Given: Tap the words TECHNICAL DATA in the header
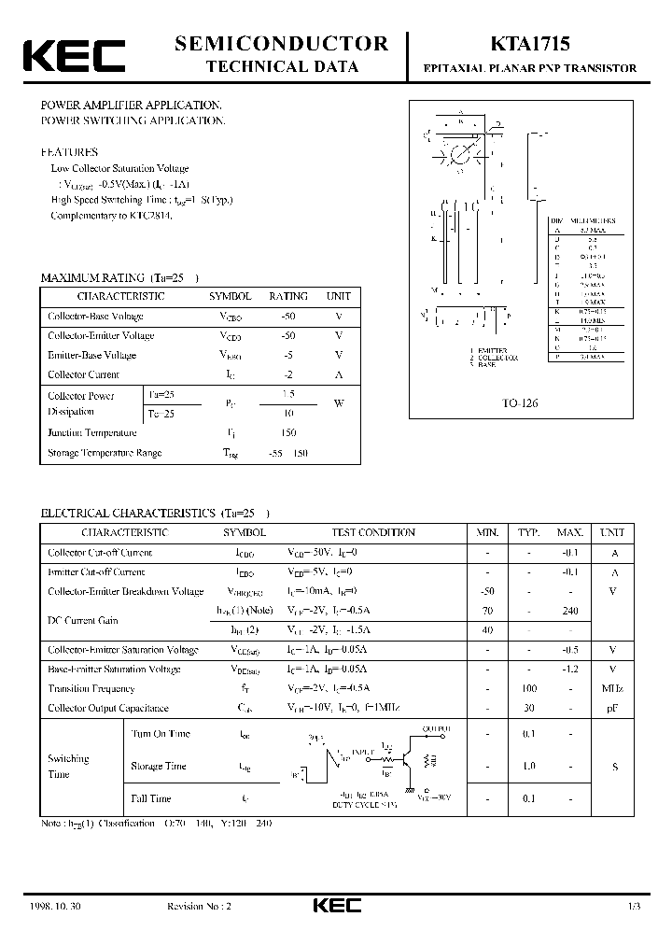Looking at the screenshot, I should [x=282, y=66].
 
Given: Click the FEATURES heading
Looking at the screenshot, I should [x=68, y=151].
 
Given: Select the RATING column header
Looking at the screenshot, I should [x=287, y=296].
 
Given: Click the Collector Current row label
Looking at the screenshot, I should [x=83, y=374].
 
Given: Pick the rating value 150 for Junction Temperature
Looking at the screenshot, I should [x=287, y=432].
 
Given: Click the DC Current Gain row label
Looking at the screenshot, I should [x=83, y=620].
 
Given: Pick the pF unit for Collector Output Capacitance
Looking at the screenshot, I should [x=614, y=709].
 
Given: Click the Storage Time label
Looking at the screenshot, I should [x=159, y=767].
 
